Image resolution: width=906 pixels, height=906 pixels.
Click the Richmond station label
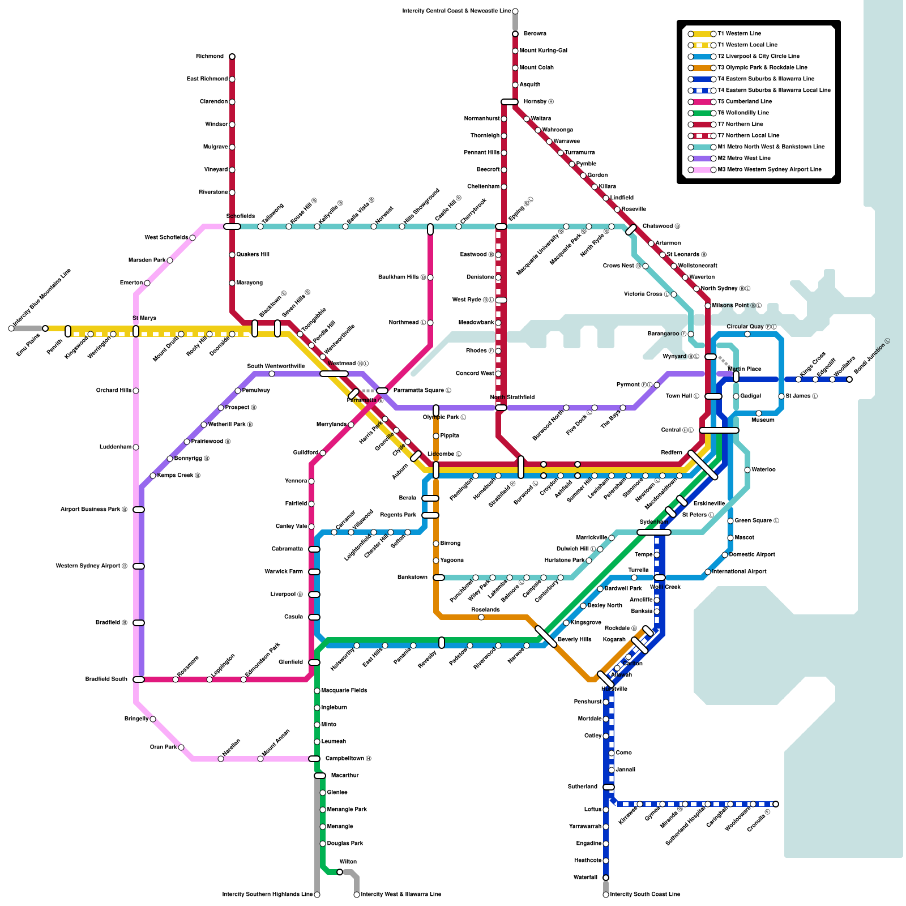210,57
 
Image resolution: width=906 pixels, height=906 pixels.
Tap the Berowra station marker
515,34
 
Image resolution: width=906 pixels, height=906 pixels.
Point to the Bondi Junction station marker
849,379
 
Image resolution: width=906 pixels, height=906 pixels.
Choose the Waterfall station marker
606,878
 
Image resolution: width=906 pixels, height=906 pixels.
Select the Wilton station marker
340,872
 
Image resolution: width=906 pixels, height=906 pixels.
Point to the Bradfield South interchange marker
139,679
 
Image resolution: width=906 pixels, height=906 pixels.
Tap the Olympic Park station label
444,417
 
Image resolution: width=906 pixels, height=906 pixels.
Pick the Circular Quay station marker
747,334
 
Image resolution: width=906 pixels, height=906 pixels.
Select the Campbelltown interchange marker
314,759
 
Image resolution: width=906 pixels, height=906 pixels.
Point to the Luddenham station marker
136,447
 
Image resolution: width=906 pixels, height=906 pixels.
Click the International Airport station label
739,572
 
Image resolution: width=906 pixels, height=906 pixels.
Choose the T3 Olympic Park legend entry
762,68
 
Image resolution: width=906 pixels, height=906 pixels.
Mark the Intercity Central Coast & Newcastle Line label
456,11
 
